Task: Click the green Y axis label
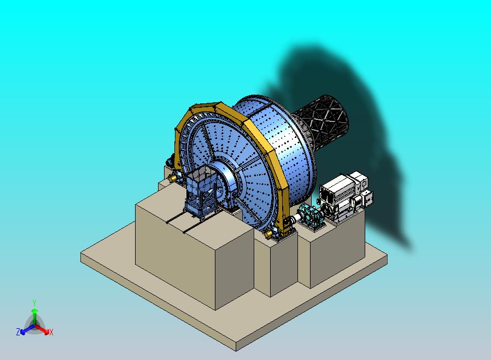[x=34, y=303]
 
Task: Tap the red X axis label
[x=51, y=332]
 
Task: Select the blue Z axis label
[x=18, y=332]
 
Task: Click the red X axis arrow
[x=42, y=329]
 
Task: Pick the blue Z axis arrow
[x=27, y=329]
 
